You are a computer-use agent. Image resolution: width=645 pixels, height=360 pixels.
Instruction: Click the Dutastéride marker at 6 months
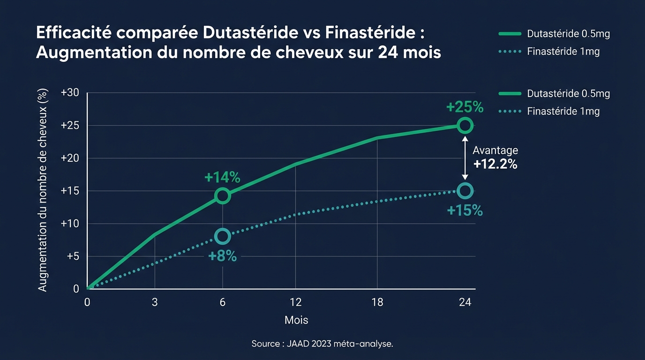tap(223, 195)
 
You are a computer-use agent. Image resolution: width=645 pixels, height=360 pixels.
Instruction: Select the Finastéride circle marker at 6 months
tap(223, 236)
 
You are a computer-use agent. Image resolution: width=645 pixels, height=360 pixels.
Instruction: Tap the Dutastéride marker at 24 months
tap(465, 125)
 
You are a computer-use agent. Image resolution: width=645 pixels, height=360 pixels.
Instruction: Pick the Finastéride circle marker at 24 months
tap(465, 190)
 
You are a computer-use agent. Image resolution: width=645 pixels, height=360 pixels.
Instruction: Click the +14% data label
tap(222, 178)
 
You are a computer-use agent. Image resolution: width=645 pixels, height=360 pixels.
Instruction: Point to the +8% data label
tap(222, 256)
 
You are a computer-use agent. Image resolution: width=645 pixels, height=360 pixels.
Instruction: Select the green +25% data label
tap(465, 107)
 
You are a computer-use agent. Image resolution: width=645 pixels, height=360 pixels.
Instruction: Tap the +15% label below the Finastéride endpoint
tap(465, 210)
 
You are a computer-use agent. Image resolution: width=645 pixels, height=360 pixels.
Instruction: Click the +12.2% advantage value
tap(495, 164)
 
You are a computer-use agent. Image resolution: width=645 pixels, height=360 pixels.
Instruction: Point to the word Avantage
tap(495, 150)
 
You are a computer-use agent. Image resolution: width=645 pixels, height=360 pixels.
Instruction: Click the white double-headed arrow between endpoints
tap(465, 157)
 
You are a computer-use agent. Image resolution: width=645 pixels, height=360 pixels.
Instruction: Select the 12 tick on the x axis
tap(295, 302)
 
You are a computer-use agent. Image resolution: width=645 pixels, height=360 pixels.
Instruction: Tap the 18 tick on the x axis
tap(377, 302)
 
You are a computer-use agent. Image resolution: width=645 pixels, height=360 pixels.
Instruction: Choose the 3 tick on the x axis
tap(155, 302)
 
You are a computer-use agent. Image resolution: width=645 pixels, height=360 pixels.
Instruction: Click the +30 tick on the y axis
tap(70, 93)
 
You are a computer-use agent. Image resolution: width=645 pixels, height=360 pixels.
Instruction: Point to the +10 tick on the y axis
tap(70, 224)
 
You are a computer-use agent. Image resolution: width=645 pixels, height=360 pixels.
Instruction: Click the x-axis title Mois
tap(296, 320)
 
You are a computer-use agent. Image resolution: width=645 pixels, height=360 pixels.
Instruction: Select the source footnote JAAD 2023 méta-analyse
tap(322, 344)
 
